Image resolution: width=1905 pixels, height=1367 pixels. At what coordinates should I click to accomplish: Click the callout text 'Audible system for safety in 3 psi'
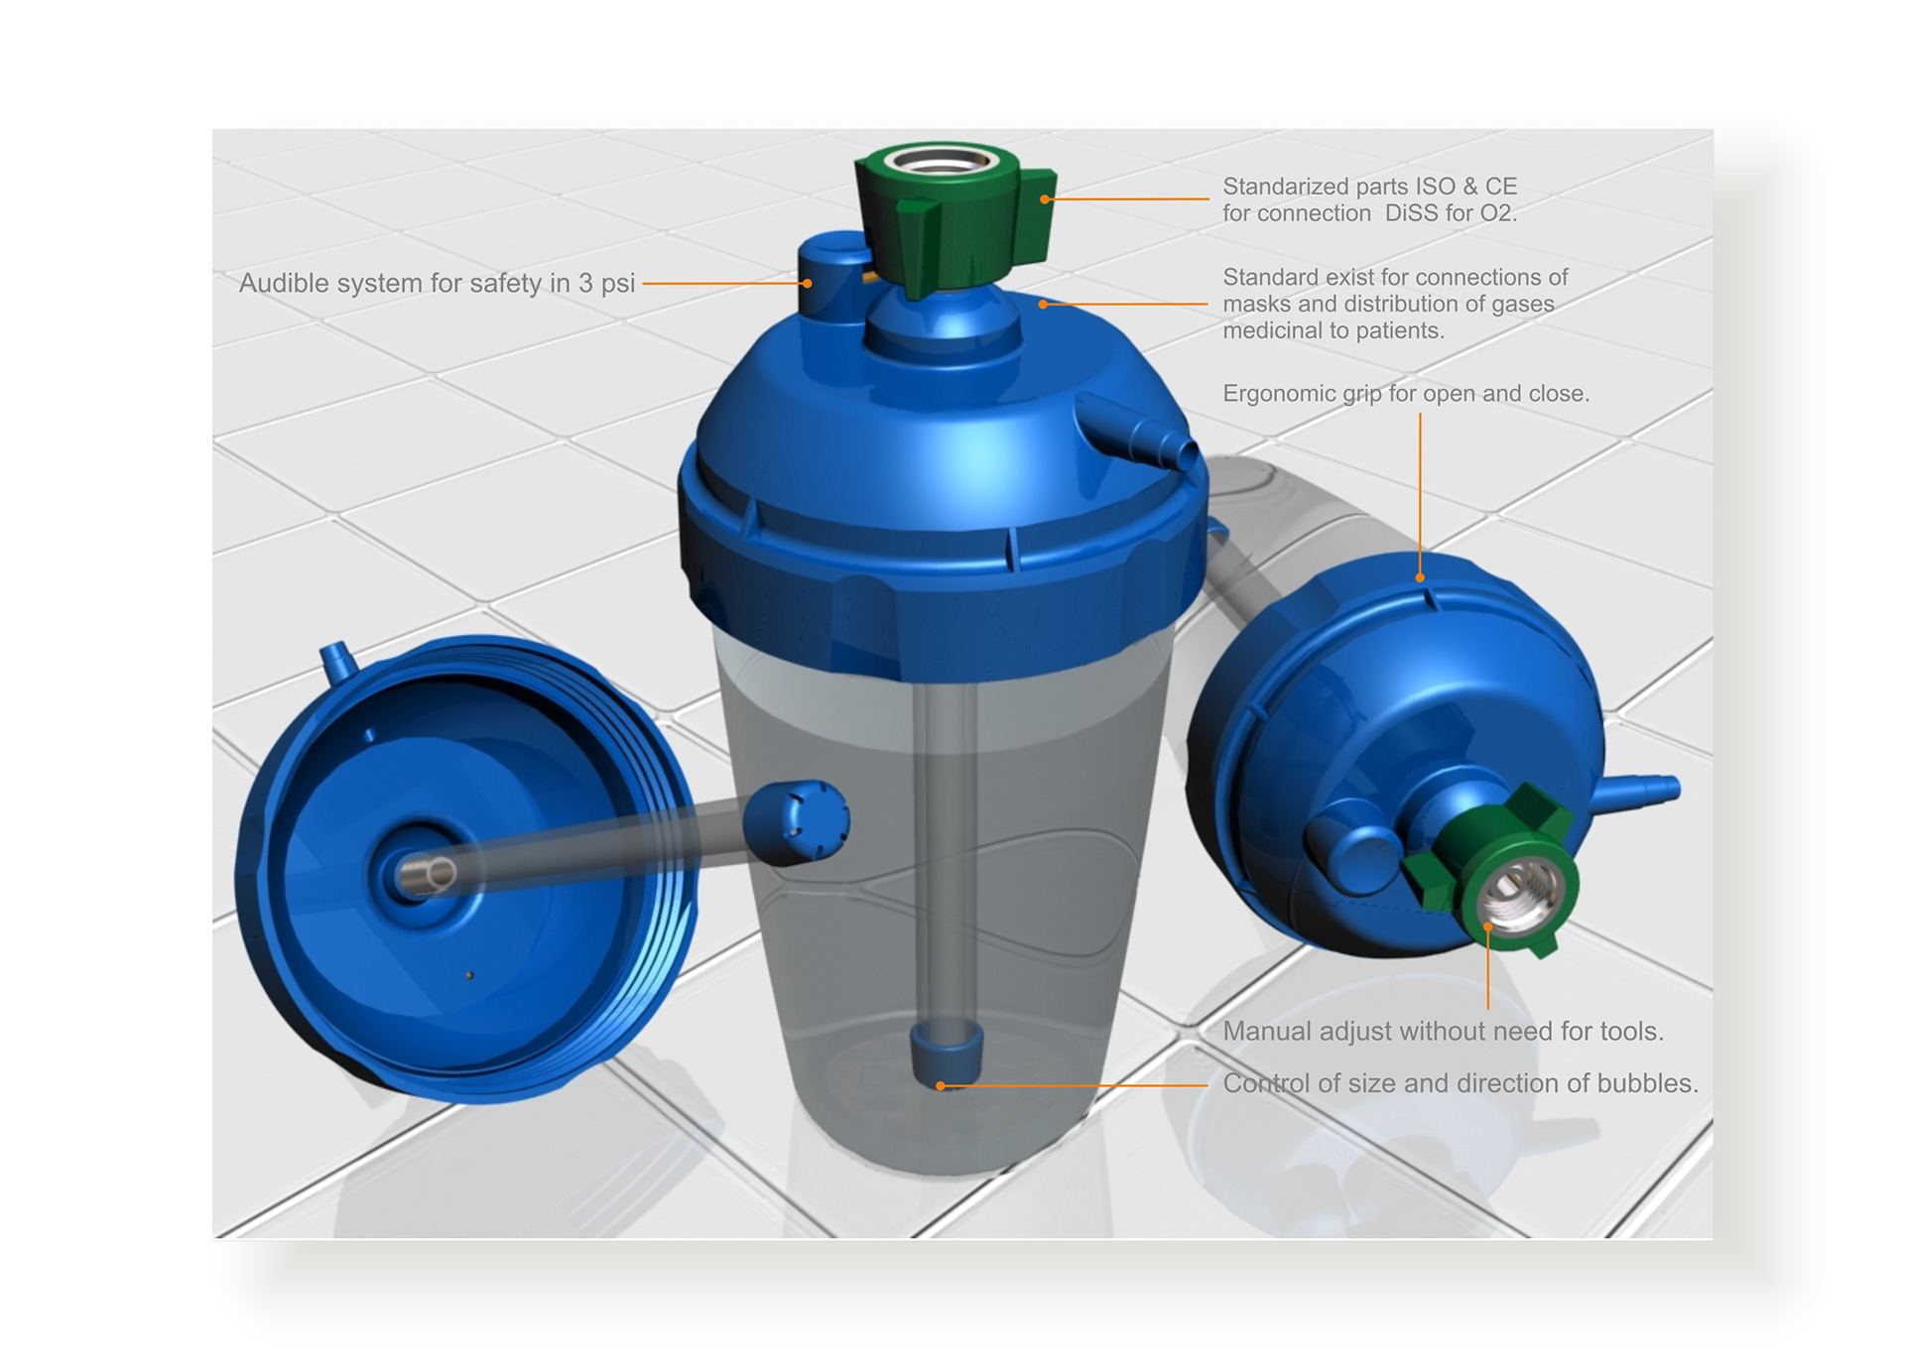(x=437, y=284)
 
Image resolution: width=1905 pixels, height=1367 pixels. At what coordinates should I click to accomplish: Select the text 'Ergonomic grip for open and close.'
(x=1406, y=394)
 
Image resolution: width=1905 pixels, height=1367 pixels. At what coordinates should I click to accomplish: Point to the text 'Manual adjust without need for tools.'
(x=1443, y=1032)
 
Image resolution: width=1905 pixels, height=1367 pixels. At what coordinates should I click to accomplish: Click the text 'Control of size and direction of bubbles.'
(x=1460, y=1083)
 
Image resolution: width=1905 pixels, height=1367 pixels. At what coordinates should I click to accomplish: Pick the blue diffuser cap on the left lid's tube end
(x=796, y=821)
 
